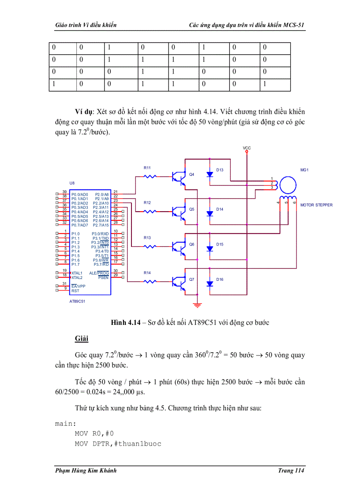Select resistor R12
tap(151, 212)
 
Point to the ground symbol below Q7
tap(197, 305)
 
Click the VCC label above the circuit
tap(247, 148)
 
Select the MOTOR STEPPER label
tap(316, 205)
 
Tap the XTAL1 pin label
tap(77, 273)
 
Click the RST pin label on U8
tap(75, 290)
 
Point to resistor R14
tap(151, 281)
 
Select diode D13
tap(210, 175)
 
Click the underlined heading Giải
tap(81, 339)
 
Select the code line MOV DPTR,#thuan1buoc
tap(118, 443)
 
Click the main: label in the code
tap(65, 424)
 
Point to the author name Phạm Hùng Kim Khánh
tap(86, 471)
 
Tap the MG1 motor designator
tap(304, 169)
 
